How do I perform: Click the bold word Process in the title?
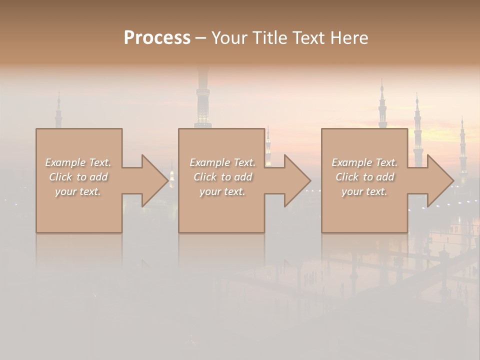click(157, 38)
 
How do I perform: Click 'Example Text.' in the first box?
click(78, 162)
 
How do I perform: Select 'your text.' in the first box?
click(78, 191)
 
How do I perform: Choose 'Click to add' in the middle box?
click(222, 177)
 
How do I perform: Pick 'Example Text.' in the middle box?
click(222, 162)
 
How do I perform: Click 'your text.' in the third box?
click(364, 191)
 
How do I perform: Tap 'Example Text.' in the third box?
click(364, 162)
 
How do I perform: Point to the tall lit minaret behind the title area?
click(203, 100)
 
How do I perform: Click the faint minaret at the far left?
click(58, 112)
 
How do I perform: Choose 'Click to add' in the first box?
click(78, 177)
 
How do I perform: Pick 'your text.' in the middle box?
click(222, 191)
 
